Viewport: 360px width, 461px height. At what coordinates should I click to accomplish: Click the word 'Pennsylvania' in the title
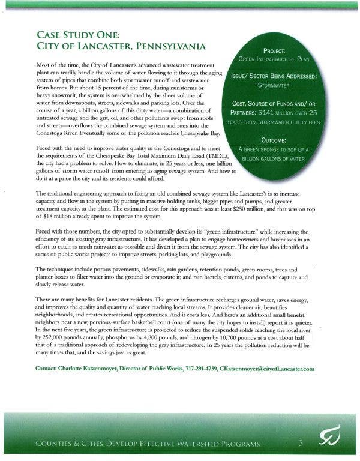click(x=175, y=46)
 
